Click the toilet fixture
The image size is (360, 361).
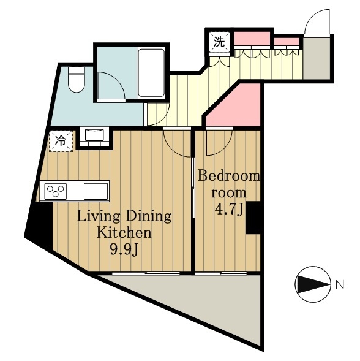click(x=77, y=80)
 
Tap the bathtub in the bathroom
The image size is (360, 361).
click(x=151, y=73)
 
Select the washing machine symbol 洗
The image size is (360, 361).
click(x=219, y=42)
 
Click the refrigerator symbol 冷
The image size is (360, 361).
click(x=61, y=141)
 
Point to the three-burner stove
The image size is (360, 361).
click(x=56, y=191)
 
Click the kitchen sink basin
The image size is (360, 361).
click(x=96, y=191)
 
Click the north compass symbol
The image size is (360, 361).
click(x=313, y=284)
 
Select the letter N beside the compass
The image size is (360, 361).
click(x=339, y=285)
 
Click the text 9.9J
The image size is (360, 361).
click(x=124, y=249)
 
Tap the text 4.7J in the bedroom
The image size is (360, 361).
click(x=228, y=209)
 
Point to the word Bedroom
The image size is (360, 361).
click(x=229, y=176)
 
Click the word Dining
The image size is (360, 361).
click(x=149, y=217)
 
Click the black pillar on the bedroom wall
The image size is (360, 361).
click(x=253, y=218)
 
